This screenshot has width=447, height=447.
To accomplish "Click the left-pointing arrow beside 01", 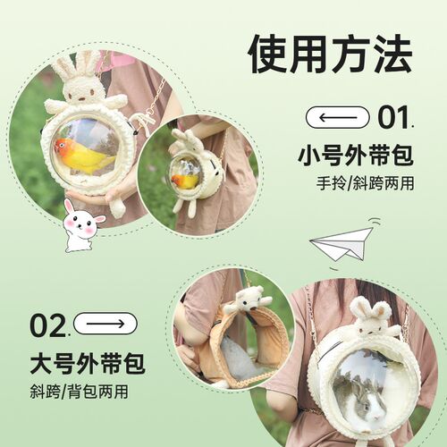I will click(337, 117).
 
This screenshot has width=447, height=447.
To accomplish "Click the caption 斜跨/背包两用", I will click(78, 393).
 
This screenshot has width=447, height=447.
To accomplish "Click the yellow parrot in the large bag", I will click(85, 156).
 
